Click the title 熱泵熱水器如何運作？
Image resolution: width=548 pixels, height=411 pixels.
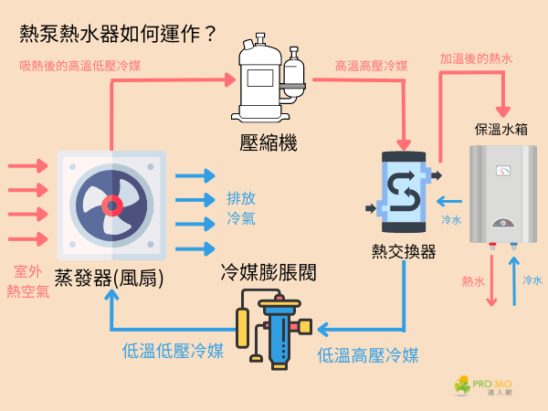coord(119,35)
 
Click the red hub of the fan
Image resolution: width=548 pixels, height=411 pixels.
coord(111,205)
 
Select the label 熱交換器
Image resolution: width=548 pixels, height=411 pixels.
coord(404,251)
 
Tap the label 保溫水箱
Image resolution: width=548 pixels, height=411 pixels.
coord(501,129)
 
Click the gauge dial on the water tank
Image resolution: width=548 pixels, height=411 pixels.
coord(501,170)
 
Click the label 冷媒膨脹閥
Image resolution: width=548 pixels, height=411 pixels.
coord(269,272)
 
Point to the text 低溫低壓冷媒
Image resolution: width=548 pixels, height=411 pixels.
coord(173,351)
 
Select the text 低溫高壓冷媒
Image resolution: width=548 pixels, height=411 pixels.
coord(368,355)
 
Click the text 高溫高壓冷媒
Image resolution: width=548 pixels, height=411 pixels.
coord(371,67)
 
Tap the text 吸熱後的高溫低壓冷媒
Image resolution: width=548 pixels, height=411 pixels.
coord(80,66)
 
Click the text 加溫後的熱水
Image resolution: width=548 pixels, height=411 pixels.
coord(476,58)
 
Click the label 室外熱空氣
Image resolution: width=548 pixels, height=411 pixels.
coord(30,281)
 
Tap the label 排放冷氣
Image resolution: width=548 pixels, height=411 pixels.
coord(241,209)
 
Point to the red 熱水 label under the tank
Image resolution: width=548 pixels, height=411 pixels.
coord(473,281)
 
